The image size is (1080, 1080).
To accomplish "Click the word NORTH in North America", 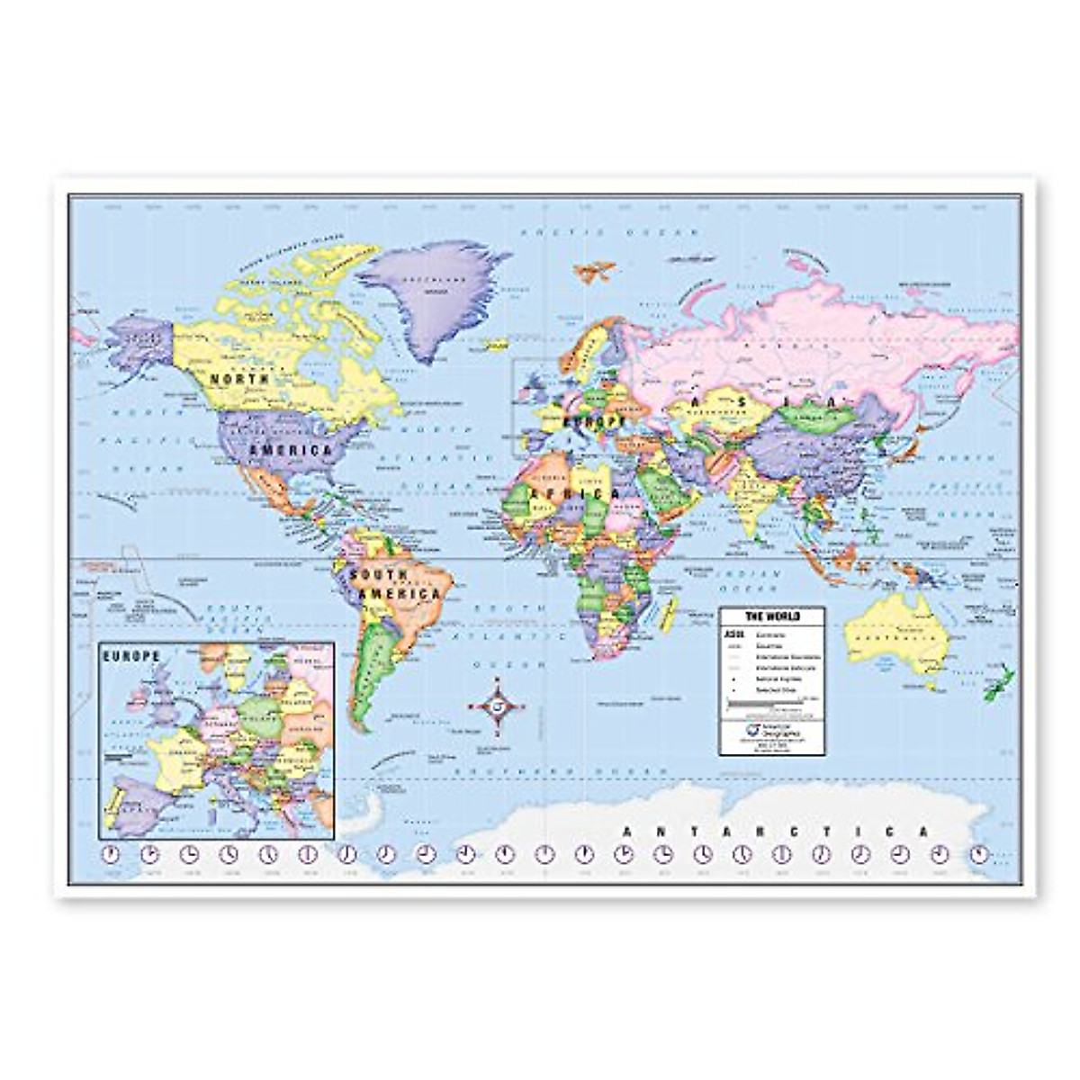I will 239,380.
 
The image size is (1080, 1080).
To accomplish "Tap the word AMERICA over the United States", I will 292,449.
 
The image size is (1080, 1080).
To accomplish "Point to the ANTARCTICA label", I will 773,832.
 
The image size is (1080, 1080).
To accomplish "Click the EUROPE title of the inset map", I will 131,657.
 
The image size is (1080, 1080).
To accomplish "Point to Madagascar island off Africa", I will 669,616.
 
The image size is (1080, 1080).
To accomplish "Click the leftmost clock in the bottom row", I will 111,854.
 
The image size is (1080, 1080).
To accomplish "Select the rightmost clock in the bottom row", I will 979,854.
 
